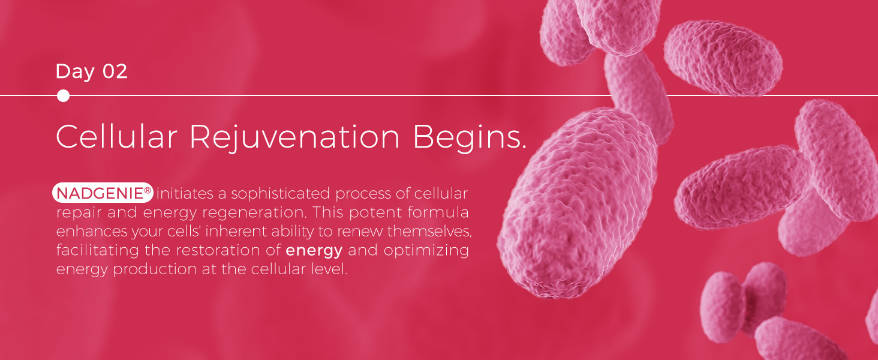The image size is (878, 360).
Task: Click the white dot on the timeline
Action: pyautogui.click(x=63, y=95)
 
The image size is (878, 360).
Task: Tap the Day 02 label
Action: pyautogui.click(x=92, y=72)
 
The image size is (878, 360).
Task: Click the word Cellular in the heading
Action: pyautogui.click(x=116, y=136)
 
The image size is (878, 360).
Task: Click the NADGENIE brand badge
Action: pyautogui.click(x=103, y=193)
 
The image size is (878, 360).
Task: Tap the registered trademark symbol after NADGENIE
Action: pyautogui.click(x=148, y=190)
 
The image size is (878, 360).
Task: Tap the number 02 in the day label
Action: pyautogui.click(x=115, y=71)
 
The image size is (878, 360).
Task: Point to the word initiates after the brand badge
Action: pyautogui.click(x=185, y=193)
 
